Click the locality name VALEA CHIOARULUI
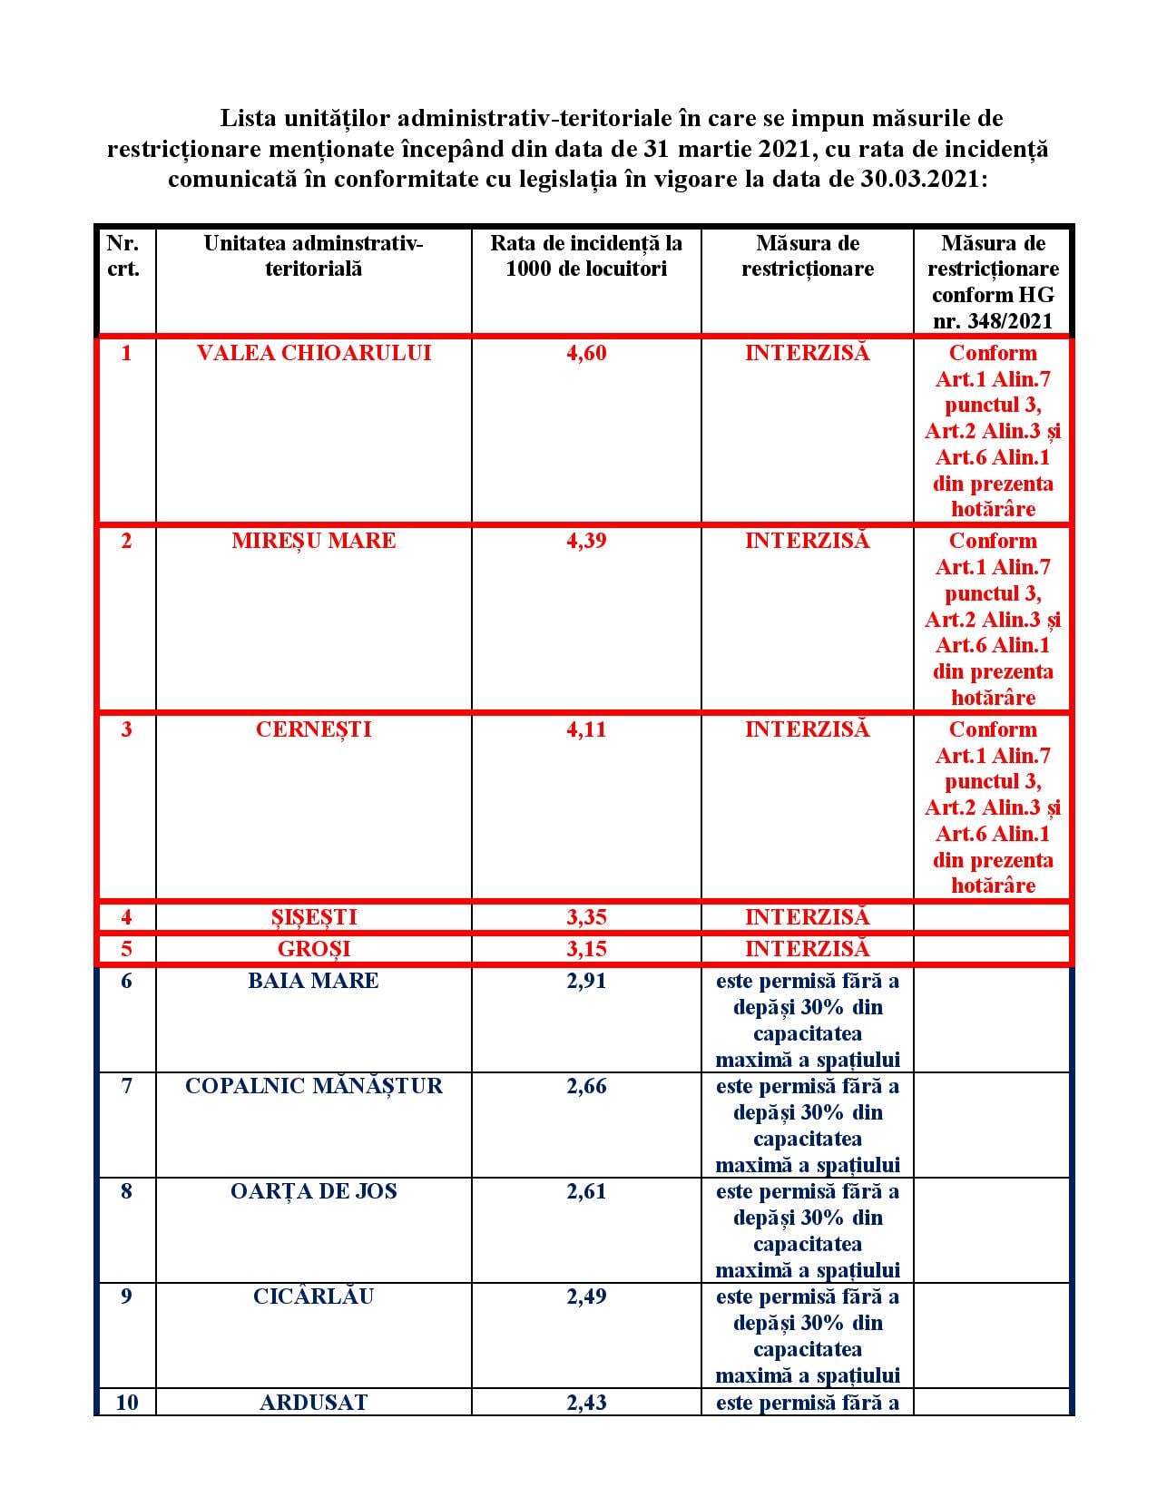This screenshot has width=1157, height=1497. [x=313, y=353]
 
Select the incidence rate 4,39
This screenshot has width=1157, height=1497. [x=585, y=541]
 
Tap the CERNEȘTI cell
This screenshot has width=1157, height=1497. [x=313, y=729]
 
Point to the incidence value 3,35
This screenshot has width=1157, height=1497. [x=585, y=917]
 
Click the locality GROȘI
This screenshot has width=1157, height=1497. [x=313, y=949]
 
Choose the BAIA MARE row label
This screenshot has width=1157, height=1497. [x=313, y=981]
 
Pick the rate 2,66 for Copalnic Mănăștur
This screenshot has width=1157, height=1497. [x=585, y=1086]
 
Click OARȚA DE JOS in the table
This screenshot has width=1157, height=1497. [x=313, y=1191]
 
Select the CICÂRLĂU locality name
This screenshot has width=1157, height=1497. [x=313, y=1296]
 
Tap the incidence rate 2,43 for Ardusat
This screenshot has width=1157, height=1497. [x=585, y=1402]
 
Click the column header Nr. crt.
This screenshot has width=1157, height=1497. [x=124, y=256]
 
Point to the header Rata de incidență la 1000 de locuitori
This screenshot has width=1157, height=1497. [x=585, y=256]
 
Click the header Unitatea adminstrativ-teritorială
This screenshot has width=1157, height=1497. [x=313, y=256]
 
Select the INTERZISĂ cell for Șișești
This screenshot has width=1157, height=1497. [x=807, y=917]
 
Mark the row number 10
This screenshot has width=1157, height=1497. [x=127, y=1402]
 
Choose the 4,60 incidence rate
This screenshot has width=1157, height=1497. [x=585, y=353]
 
